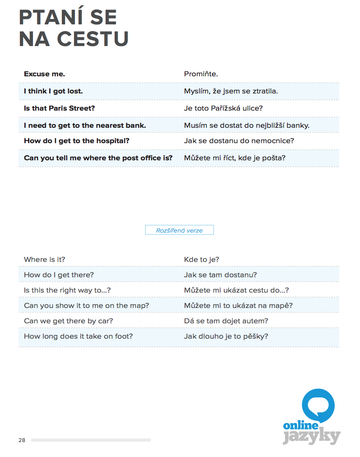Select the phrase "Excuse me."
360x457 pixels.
coord(44,74)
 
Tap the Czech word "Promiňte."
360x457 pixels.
coord(201,74)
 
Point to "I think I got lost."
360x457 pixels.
coord(53,91)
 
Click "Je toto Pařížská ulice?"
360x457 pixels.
coord(223,108)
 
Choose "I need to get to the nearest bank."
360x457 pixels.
coord(85,126)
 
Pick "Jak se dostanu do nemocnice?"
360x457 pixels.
coord(239,141)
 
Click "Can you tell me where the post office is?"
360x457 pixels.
coord(98,158)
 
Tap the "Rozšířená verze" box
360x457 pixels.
coord(179,230)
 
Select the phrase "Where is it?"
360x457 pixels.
coord(44,260)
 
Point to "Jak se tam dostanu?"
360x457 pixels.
coord(220,275)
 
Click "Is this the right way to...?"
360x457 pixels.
coord(67,290)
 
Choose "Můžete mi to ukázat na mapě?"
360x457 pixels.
coord(238,306)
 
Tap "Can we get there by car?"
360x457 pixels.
coord(68,321)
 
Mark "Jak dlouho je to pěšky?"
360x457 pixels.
coord(226,336)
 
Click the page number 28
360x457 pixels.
coord(22,440)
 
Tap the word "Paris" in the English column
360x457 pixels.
coord(55,108)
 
